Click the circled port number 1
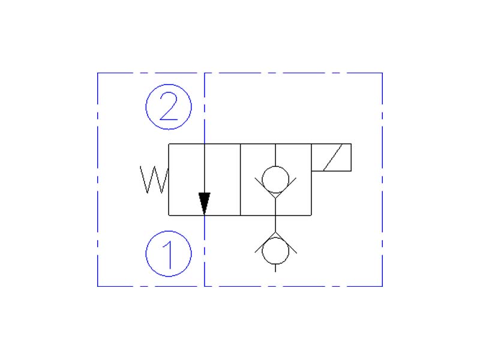pos(169,254)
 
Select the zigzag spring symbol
pos(154,179)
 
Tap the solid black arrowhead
pos(205,203)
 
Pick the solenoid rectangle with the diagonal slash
pos(331,158)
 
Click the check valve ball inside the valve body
pos(275,178)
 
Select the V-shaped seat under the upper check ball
pos(275,193)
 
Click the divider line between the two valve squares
pos(240,179)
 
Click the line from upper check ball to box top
pos(275,155)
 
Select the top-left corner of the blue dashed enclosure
pos(98,73)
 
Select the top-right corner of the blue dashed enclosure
pos(382,73)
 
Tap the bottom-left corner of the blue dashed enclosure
pos(98,286)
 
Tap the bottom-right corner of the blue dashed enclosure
pos(382,286)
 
